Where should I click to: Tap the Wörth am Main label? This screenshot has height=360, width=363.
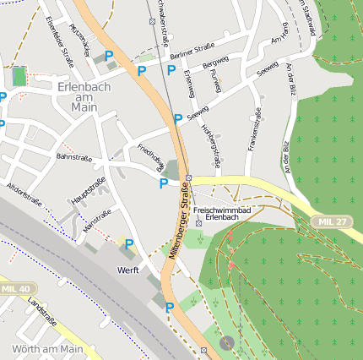click(47, 348)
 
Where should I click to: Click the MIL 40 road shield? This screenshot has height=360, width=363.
click(15, 289)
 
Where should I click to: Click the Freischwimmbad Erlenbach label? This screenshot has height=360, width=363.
click(222, 212)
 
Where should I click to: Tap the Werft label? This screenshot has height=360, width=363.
click(128, 270)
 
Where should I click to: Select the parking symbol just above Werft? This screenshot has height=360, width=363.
click(128, 245)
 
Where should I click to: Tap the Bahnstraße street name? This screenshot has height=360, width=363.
click(73, 156)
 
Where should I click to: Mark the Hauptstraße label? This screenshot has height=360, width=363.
click(89, 191)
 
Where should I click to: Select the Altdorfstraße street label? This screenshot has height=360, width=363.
click(24, 194)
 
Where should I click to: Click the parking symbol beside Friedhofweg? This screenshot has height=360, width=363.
click(164, 183)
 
